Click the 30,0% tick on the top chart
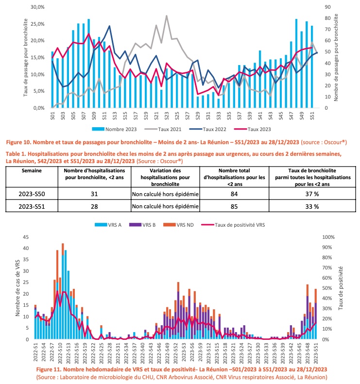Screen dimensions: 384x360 (37, 7)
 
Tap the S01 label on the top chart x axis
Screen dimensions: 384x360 (52, 116)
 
